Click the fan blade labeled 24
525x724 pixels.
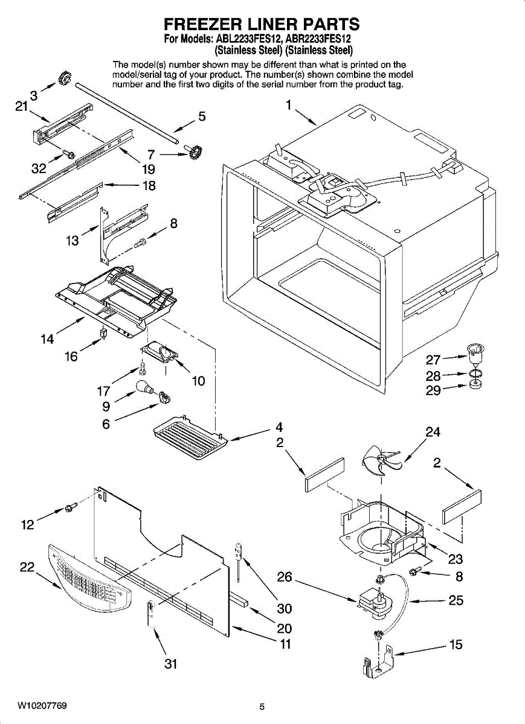click(x=381, y=460)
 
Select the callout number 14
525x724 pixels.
click(x=47, y=339)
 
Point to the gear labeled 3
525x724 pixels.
click(x=65, y=78)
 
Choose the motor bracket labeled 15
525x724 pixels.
click(x=379, y=662)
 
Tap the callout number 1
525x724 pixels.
click(x=288, y=105)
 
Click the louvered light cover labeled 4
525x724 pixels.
click(x=190, y=437)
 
